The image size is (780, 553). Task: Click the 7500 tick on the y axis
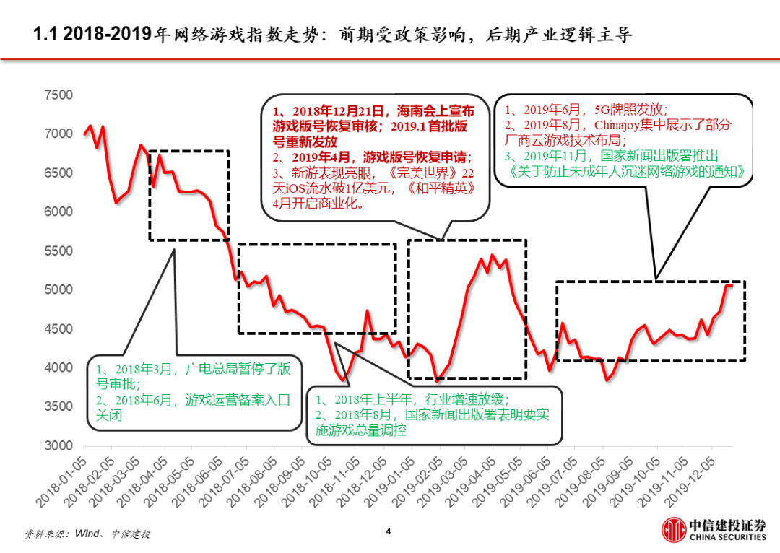[59, 95]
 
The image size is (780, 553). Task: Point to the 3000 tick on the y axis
[59, 445]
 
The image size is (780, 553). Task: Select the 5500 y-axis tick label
[59, 251]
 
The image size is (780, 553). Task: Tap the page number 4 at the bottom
[389, 532]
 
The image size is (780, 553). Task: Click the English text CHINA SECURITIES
[727, 538]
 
